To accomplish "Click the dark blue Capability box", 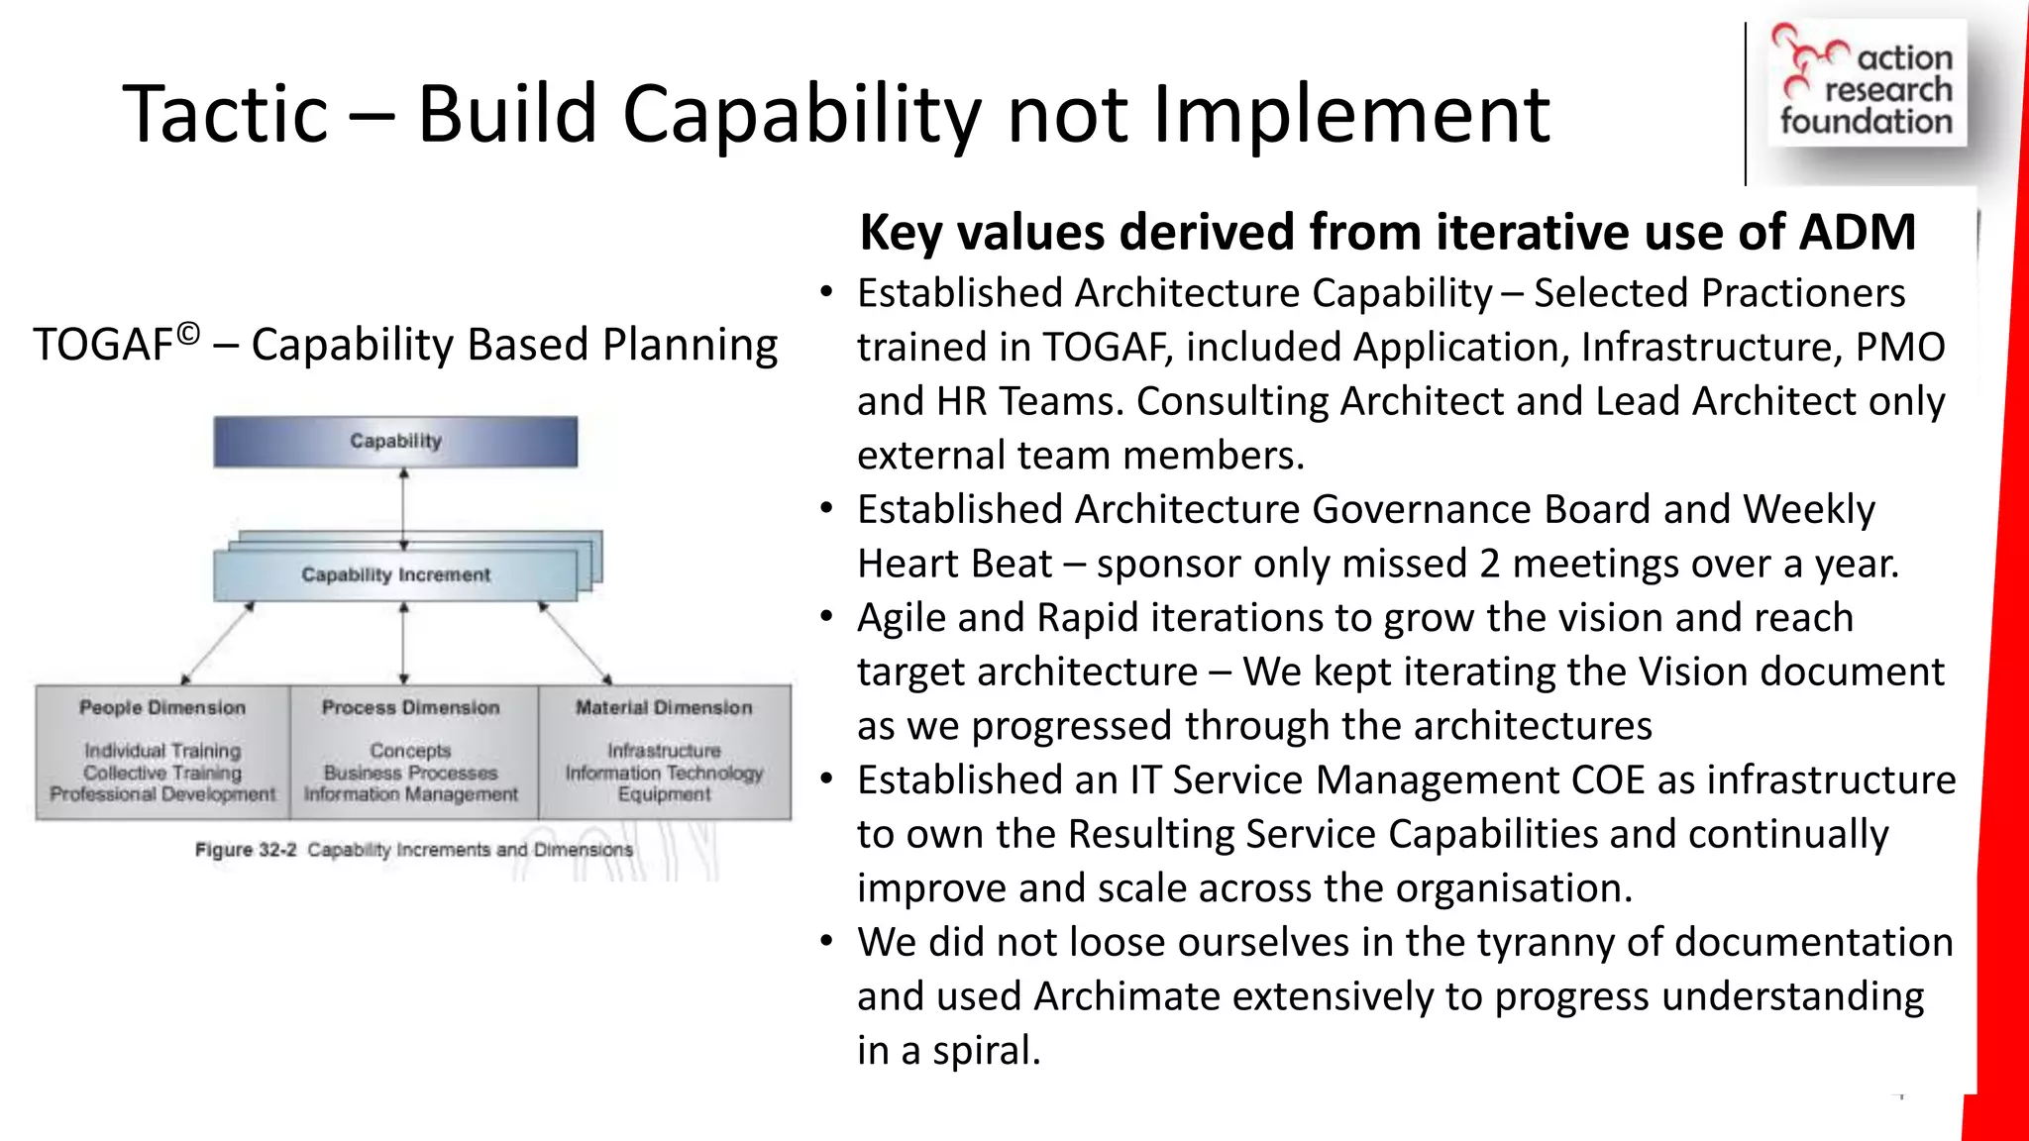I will click(x=395, y=441).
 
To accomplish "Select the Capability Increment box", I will click(x=395, y=574).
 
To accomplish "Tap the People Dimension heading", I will click(x=162, y=707).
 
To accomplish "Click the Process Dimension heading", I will click(x=410, y=707).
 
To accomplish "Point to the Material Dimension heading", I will click(x=664, y=707).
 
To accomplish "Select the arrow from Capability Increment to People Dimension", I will click(x=217, y=643).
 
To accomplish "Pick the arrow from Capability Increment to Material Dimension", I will click(x=575, y=643).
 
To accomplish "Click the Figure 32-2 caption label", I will click(x=246, y=850).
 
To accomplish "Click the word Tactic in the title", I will click(x=225, y=114).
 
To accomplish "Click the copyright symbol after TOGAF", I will click(x=188, y=335).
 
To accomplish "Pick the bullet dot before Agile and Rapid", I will click(x=826, y=618).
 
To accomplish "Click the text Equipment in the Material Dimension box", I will click(x=664, y=794).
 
